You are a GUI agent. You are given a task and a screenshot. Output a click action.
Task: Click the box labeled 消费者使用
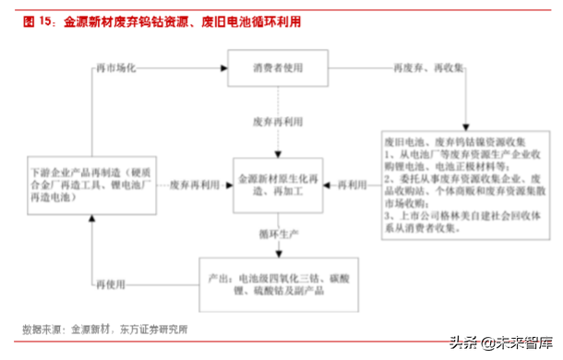(278, 69)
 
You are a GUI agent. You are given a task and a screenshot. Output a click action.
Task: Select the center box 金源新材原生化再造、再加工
(278, 186)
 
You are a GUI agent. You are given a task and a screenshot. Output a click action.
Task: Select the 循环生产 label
(278, 236)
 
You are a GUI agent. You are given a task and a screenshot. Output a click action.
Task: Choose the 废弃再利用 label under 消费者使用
(278, 121)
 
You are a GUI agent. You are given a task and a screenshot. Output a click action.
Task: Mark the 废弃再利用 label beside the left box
(195, 186)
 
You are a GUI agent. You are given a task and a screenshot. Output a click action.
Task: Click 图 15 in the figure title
(36, 18)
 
